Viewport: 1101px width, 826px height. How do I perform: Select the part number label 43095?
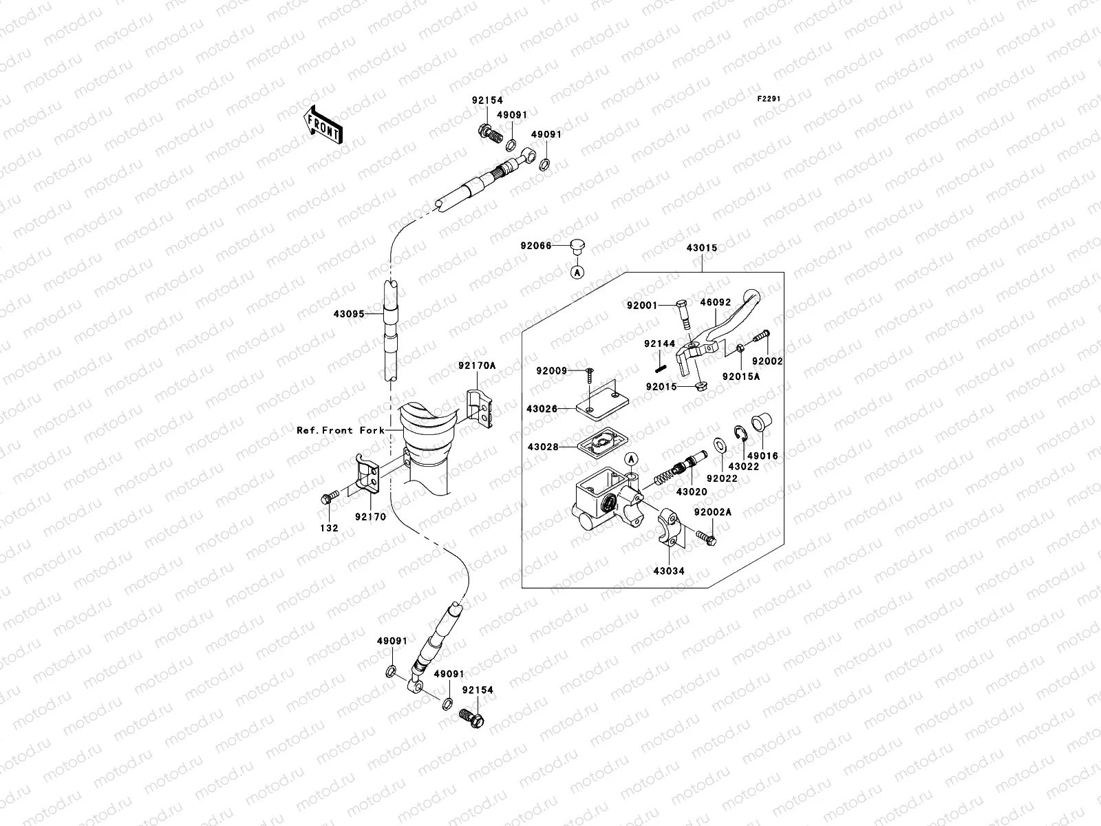tap(348, 314)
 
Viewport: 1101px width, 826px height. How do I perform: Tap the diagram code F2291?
tap(769, 99)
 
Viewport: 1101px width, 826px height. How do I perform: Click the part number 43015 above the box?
tap(701, 248)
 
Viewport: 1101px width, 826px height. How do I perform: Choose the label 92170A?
tap(477, 367)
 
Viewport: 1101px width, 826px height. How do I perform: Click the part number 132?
tap(328, 528)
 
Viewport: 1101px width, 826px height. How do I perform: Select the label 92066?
tap(536, 246)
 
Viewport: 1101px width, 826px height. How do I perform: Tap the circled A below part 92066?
tap(578, 273)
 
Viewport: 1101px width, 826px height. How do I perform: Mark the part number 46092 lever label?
tap(715, 302)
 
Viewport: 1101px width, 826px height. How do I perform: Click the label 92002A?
tap(712, 513)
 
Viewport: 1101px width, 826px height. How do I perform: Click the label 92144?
tap(659, 343)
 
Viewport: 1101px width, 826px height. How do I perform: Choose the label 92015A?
tap(740, 377)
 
